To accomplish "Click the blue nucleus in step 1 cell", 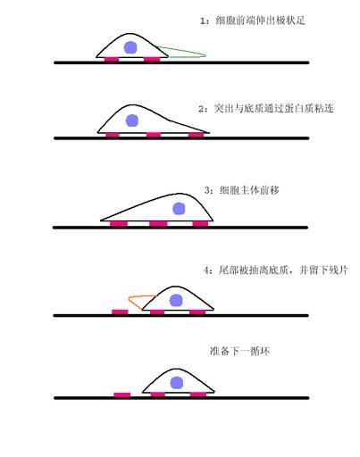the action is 130,47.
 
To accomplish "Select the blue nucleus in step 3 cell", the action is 179,209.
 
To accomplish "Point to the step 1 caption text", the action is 253,21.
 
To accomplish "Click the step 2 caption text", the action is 266,108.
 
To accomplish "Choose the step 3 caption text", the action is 242,190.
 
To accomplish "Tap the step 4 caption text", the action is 276,270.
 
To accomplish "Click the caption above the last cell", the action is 239,351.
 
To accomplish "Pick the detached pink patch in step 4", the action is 120,312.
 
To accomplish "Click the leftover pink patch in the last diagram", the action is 122,395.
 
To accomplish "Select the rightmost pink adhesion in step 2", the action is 197,136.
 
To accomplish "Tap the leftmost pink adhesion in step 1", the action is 112,60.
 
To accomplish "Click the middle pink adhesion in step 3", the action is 158,223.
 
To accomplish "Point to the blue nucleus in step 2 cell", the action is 132,120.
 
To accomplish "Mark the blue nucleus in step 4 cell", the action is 176,300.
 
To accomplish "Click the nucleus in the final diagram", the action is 177,383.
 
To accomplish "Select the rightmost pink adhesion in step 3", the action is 200,223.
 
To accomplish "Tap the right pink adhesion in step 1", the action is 152,60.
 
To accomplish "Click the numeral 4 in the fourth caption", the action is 206,270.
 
